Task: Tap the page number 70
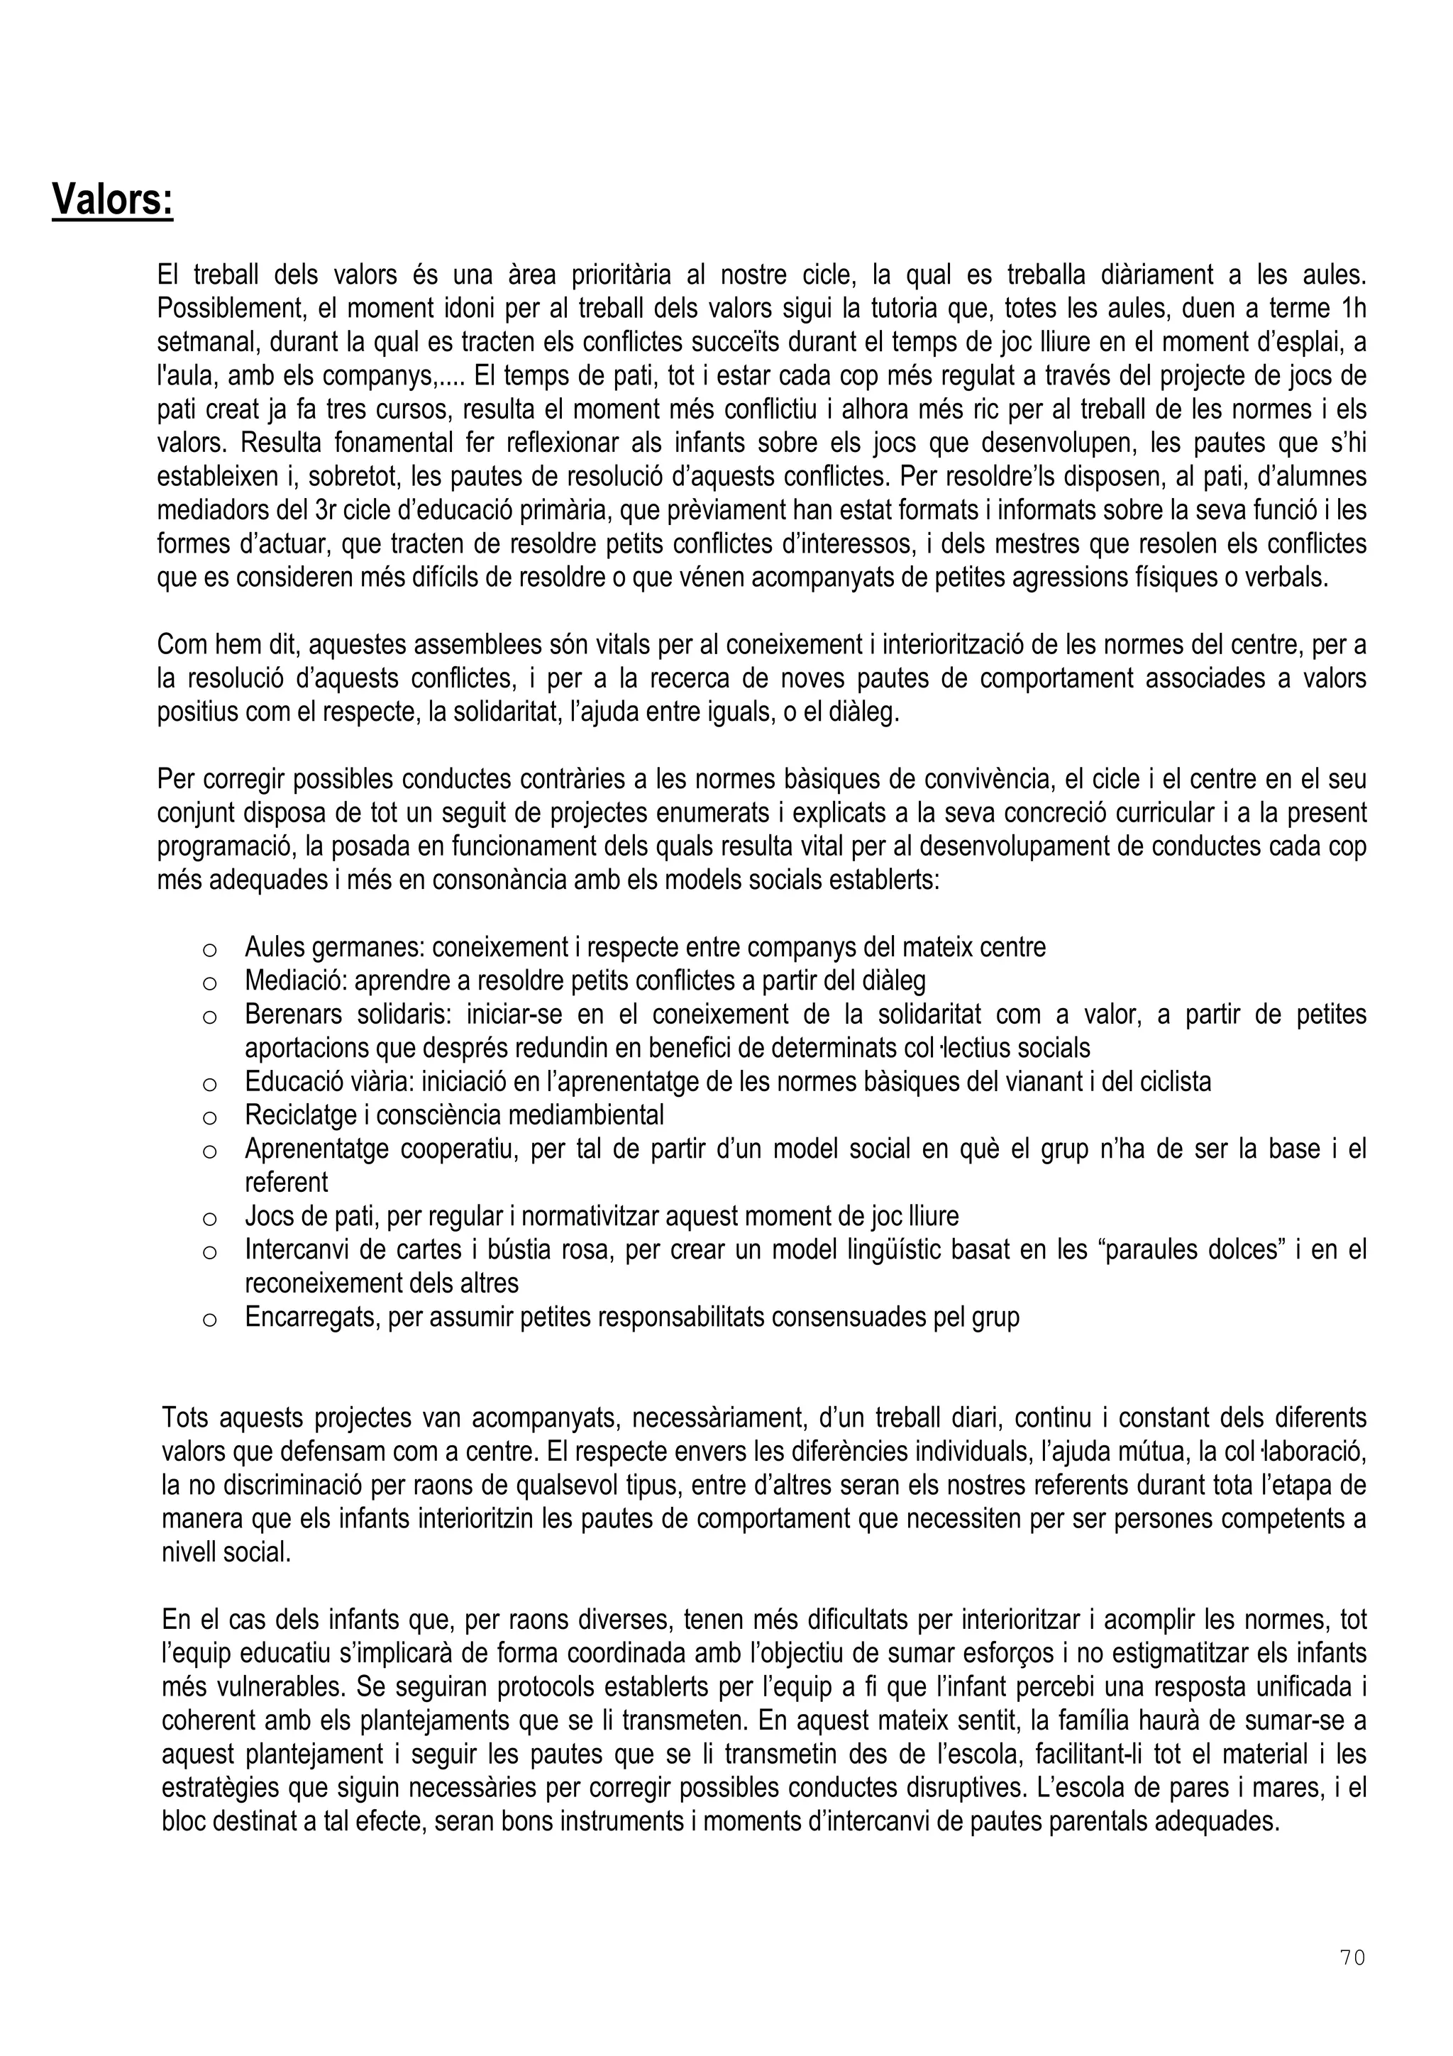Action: [1353, 1957]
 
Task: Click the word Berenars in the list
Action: [294, 1015]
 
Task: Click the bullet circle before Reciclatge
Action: [209, 1118]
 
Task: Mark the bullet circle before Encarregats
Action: [209, 1320]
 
